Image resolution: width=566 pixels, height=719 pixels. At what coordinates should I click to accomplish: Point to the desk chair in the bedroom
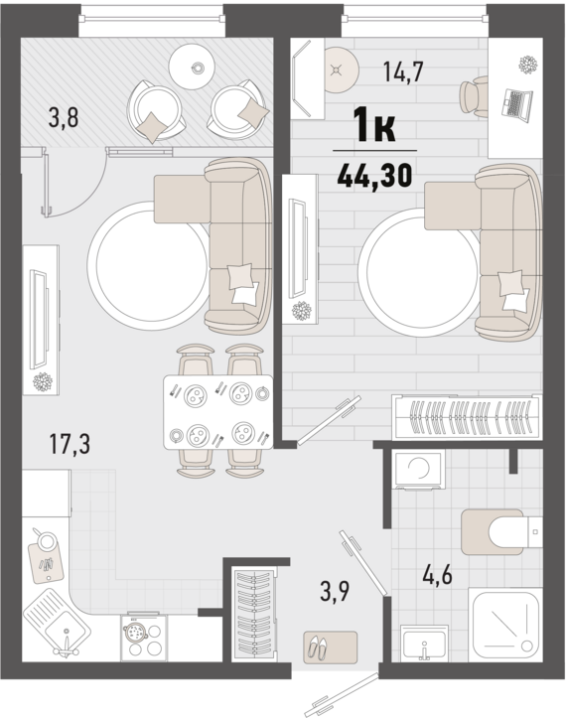tap(474, 97)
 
